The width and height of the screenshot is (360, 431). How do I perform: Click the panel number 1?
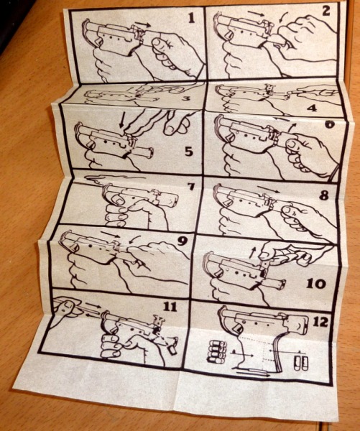point(191,18)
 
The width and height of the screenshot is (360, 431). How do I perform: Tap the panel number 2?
point(326,11)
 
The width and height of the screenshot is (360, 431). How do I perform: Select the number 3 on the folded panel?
point(186,98)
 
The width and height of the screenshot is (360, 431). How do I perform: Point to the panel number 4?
point(312,108)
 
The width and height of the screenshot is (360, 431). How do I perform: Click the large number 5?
point(189,151)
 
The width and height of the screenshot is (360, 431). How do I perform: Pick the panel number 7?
point(191,187)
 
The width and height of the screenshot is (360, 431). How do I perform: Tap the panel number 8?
point(323,195)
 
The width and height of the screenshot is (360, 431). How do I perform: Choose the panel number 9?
point(182,241)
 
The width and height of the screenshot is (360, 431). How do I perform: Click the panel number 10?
point(316,284)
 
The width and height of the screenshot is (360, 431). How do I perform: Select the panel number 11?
point(170,306)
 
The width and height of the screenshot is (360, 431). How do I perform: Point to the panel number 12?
point(320,322)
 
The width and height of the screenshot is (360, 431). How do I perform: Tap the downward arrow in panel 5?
point(122,120)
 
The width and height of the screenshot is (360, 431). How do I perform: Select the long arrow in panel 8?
point(269,190)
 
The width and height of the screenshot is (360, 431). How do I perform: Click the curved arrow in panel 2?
point(284,17)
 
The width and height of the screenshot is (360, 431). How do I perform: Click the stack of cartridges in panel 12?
point(217,353)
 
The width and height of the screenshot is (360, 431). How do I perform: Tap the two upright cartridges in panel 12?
point(300,363)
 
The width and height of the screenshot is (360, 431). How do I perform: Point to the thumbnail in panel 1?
point(157,42)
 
